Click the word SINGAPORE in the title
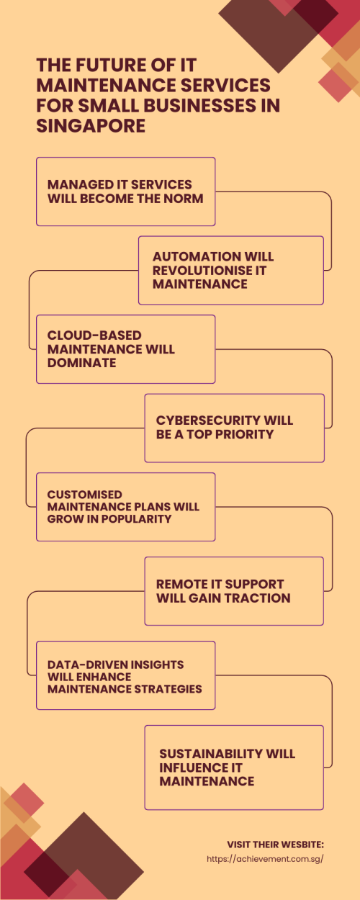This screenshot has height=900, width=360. coord(91,126)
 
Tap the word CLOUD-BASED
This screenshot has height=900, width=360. coord(94,335)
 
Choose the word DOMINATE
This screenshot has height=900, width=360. coord(82,363)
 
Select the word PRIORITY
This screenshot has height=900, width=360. coord(244,434)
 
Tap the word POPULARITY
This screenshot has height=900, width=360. coord(137,518)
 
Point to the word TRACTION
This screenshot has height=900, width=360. coord(256,598)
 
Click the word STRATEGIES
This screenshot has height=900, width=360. coord(168,688)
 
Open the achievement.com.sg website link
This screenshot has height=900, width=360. coord(265,859)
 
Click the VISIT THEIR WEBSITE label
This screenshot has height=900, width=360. coord(275,845)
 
